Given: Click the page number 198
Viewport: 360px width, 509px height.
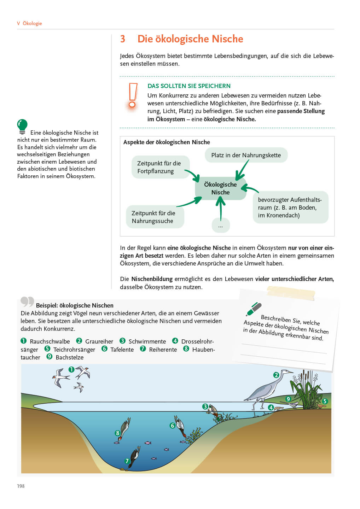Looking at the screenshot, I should (x=21, y=486).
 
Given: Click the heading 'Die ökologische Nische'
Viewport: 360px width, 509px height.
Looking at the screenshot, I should (x=190, y=39).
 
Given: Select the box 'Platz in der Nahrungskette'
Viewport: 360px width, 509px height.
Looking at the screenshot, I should (x=246, y=155).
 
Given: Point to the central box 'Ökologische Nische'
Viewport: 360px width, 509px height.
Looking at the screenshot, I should (x=220, y=188).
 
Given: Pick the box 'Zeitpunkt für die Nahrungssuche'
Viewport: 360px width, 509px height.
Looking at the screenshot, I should (x=155, y=217).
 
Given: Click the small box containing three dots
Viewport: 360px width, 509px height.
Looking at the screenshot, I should (x=221, y=226).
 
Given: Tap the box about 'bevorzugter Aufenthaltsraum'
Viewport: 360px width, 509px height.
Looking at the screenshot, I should (x=290, y=207).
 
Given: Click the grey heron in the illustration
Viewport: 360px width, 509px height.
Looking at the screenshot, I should (x=266, y=390).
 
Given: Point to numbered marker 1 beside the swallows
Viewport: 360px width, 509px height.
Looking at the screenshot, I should (x=71, y=369).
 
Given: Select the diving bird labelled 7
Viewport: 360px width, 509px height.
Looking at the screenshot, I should (x=134, y=458).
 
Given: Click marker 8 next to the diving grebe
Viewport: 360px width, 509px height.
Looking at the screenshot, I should (x=118, y=433).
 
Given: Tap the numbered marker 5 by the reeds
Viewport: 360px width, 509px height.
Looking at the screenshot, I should (x=325, y=401).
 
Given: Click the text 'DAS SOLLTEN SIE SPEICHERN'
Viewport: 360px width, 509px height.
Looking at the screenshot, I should (x=189, y=86).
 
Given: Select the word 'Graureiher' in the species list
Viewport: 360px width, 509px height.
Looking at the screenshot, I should (x=99, y=341).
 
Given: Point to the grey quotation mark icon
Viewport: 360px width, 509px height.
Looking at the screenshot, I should (x=27, y=302).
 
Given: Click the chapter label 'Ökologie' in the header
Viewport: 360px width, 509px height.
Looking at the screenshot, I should (x=32, y=23).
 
